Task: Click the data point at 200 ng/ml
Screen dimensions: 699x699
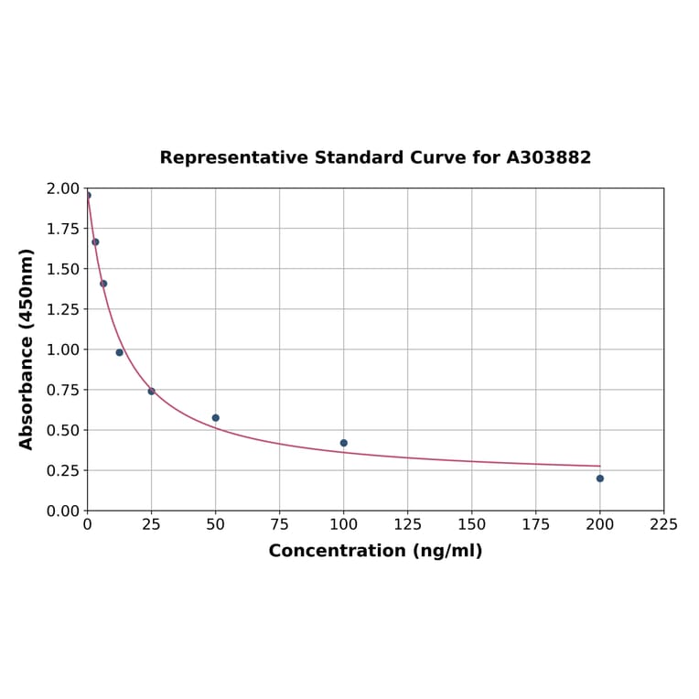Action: click(x=600, y=479)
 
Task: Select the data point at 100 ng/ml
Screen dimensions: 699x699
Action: click(x=344, y=443)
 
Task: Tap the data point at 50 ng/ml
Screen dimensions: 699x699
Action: click(x=216, y=418)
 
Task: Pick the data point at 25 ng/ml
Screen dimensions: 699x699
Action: click(x=152, y=392)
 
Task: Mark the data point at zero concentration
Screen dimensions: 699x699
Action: click(x=88, y=195)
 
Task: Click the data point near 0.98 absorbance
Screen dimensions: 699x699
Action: click(x=120, y=352)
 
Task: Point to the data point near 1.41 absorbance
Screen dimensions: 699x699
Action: click(x=103, y=284)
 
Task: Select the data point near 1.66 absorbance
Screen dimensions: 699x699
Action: click(x=95, y=242)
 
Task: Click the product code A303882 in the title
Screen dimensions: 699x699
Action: click(x=549, y=158)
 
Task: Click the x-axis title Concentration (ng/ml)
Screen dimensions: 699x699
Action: click(x=375, y=551)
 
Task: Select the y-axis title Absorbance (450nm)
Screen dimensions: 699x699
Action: click(x=27, y=349)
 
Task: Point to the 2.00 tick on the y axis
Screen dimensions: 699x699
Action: click(x=63, y=188)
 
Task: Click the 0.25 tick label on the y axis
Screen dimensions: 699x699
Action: click(x=63, y=470)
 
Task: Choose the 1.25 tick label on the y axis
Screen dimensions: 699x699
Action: click(x=63, y=309)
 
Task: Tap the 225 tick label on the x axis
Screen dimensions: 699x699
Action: click(x=664, y=524)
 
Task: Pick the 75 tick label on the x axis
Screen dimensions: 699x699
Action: click(x=280, y=524)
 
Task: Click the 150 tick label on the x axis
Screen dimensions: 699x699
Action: click(x=472, y=524)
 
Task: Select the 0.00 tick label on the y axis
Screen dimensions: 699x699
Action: click(x=63, y=511)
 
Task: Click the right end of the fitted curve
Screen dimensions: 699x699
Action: click(x=600, y=466)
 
